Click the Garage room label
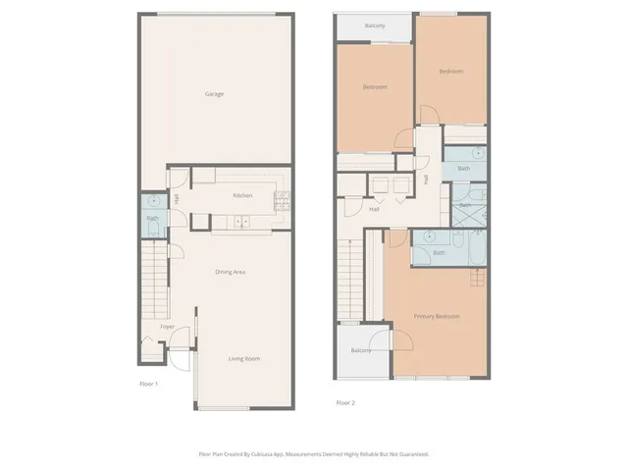[x=214, y=94]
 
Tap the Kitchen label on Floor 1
[x=242, y=195]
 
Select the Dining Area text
[x=230, y=271]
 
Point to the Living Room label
[x=244, y=359]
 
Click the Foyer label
[x=167, y=326]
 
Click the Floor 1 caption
[x=149, y=383]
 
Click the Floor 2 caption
[x=345, y=402]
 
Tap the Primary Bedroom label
[x=437, y=316]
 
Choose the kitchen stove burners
[x=282, y=201]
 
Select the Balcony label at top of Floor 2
[x=374, y=26]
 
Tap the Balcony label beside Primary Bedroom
[x=361, y=350]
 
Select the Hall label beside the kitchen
[x=177, y=199]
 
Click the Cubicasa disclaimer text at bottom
[x=313, y=454]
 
